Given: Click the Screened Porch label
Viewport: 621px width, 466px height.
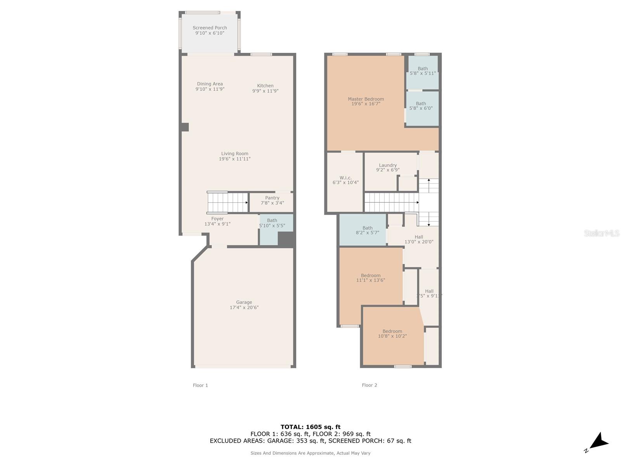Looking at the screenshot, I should (x=210, y=28).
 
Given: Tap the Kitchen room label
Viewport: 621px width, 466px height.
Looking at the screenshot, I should (x=265, y=86).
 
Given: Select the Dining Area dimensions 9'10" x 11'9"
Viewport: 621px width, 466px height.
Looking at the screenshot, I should (x=210, y=89).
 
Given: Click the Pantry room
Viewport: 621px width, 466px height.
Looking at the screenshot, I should (x=272, y=201).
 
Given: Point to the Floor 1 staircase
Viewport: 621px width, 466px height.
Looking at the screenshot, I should (x=228, y=202).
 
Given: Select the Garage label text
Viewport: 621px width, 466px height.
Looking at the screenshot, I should (x=244, y=302).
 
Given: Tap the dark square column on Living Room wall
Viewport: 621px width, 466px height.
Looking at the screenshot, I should (x=185, y=127).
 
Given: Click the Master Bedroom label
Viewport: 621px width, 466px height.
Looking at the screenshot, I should (x=366, y=99).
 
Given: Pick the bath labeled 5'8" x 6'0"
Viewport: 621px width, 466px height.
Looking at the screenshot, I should (x=421, y=106).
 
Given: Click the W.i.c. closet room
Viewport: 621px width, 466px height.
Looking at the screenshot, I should (x=345, y=180).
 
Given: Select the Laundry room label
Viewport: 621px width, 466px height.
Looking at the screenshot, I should (x=388, y=165).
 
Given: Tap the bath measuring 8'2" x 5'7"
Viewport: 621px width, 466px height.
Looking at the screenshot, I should (x=367, y=230).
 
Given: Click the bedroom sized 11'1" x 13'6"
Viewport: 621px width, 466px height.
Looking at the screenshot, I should (x=371, y=278).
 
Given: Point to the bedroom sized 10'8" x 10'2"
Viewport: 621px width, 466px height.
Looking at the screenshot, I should (x=392, y=334).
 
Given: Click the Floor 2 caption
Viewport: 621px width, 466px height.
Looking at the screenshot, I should (x=369, y=385).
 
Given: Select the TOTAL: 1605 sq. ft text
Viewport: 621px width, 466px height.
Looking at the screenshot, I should (x=310, y=427).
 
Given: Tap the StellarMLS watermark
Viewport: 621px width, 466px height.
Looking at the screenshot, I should (x=602, y=233).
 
